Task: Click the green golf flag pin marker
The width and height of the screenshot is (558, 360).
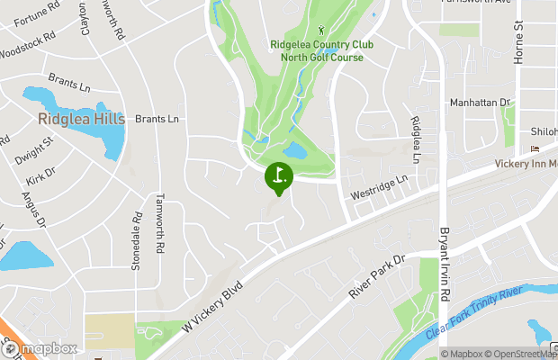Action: tap(279, 176)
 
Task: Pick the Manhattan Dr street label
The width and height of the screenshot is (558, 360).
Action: tap(480, 103)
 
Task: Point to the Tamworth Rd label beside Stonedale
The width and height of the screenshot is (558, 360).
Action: tap(159, 222)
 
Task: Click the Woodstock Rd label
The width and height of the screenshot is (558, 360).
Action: tap(27, 46)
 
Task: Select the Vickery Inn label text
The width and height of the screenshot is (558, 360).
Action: tap(526, 164)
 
